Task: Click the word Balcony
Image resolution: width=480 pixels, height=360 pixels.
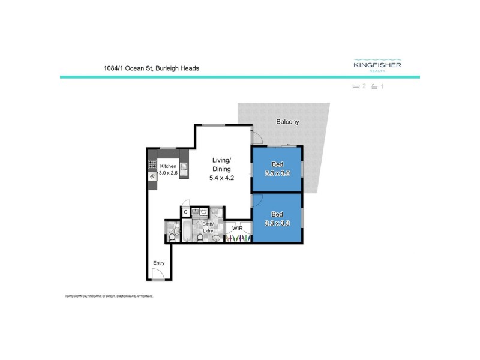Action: click(x=287, y=122)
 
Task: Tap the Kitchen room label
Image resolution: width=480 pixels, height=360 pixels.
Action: click(x=167, y=166)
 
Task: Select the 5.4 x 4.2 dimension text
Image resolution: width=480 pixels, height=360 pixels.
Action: click(x=221, y=178)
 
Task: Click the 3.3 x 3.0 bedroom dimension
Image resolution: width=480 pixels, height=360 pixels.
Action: click(x=277, y=173)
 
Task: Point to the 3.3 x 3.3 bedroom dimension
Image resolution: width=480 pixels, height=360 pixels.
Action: click(x=277, y=223)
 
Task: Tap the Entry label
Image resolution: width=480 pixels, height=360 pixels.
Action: click(x=158, y=262)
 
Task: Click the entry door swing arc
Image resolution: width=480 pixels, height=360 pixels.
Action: click(x=158, y=274)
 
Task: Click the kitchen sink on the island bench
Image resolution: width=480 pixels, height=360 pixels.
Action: click(x=184, y=168)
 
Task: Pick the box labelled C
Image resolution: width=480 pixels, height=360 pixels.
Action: click(x=185, y=212)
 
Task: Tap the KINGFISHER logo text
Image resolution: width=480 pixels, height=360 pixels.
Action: click(x=377, y=65)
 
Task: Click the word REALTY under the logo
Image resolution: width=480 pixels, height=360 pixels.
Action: click(x=377, y=71)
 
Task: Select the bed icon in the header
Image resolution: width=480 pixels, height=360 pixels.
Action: click(x=356, y=87)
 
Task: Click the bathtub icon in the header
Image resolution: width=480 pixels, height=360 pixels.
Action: click(x=374, y=87)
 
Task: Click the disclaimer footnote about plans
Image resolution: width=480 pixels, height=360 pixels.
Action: click(x=109, y=296)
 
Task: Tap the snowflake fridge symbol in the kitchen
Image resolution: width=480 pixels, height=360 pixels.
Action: click(x=152, y=176)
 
